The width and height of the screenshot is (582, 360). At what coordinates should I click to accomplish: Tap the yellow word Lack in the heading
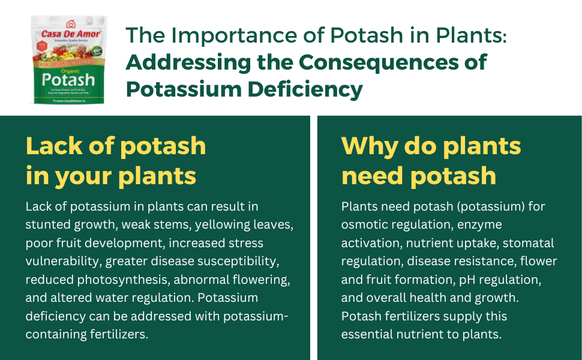pos(56,146)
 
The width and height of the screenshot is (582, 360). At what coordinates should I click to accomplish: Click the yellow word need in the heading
pos(371,176)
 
